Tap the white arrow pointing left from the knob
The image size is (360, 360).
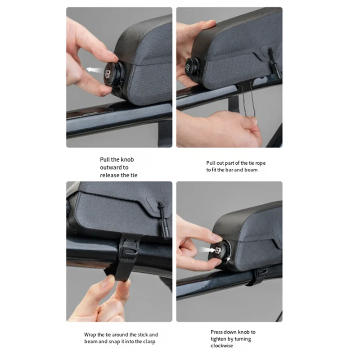(94, 70)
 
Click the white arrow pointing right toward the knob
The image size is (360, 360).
(207, 250)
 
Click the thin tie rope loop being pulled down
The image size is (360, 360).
(247, 101)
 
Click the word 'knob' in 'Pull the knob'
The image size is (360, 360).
(127, 159)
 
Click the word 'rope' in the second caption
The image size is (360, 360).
(260, 163)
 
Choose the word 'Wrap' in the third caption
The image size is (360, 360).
(90, 335)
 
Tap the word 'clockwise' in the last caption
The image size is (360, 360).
(222, 346)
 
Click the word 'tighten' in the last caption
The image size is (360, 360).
(219, 339)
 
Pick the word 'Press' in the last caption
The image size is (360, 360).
(216, 332)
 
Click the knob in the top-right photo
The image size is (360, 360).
(193, 67)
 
